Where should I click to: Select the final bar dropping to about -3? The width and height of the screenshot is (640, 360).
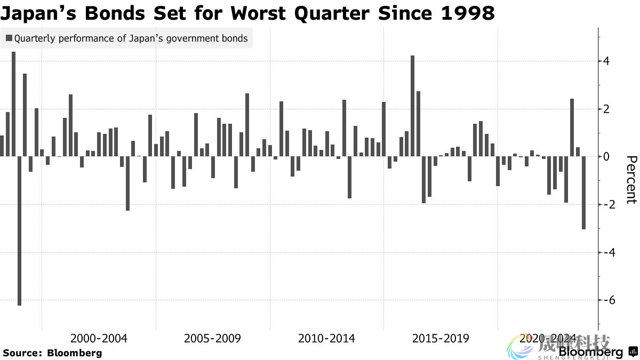coord(584,193)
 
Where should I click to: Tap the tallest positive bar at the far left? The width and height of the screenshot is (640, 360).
coord(14,104)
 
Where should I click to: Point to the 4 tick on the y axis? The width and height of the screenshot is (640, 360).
coord(606,61)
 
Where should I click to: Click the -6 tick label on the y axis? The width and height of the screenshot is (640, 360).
coord(606,300)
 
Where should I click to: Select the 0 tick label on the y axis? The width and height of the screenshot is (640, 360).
coord(606,157)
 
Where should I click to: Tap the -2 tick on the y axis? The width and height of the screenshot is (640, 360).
coord(606,205)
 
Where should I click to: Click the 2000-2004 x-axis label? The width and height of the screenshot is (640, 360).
coord(99,338)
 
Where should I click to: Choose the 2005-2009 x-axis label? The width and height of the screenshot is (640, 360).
coord(213,338)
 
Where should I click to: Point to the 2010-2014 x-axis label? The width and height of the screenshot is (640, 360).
coord(326,338)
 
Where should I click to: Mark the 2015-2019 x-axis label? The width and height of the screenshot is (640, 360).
coord(441,338)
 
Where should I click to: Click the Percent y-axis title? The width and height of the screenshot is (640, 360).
coord(631,180)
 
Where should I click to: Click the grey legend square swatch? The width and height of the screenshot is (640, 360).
coord(9,38)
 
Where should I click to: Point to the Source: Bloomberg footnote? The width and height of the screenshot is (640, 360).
coord(52,353)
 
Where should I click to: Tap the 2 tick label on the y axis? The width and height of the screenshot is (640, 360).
coord(606,109)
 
